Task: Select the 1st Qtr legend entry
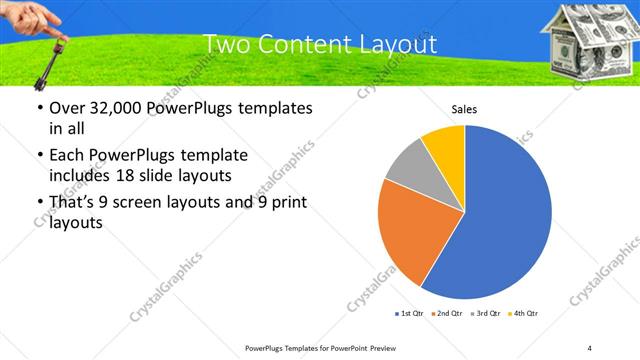(409, 314)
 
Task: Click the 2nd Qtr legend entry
(446, 314)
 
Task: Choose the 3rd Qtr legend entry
(484, 314)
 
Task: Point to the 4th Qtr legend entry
(522, 314)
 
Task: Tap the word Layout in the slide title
(395, 45)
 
